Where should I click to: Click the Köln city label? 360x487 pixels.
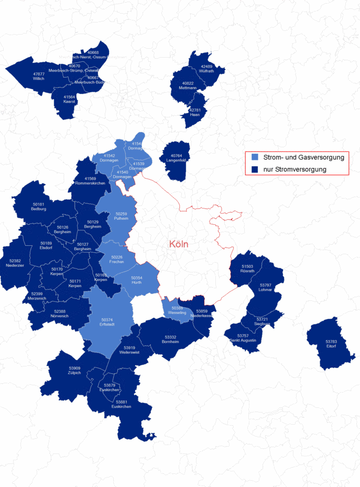tap(178, 244)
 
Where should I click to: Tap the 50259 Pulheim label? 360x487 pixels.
tap(121, 216)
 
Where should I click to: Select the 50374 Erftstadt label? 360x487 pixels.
tap(107, 322)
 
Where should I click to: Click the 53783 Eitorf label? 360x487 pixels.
tap(331, 344)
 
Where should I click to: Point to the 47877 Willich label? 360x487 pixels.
tap(39, 77)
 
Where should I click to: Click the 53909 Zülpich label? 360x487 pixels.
tap(74, 371)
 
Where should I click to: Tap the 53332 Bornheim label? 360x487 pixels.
tap(170, 339)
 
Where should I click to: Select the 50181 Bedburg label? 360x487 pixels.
tap(38, 207)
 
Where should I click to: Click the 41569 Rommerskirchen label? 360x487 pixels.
tap(90, 181)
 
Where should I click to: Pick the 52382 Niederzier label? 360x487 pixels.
tap(15, 263)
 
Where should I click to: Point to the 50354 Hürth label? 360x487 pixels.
tap(137, 280)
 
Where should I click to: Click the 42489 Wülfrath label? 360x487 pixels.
tap(206, 69)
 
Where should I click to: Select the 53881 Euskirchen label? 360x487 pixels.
tap(121, 404)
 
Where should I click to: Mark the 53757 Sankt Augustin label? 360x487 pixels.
tap(243, 338)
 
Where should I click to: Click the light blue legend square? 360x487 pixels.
tap(255, 157)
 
